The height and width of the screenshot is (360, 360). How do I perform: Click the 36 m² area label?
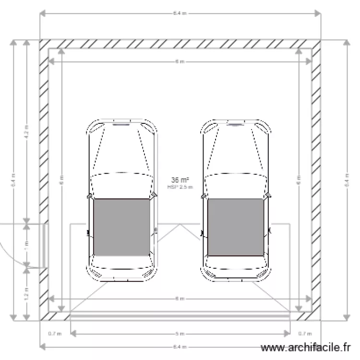(180, 180)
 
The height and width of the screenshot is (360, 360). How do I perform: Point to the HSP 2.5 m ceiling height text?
(180, 187)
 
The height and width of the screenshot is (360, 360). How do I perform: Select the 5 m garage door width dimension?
(180, 333)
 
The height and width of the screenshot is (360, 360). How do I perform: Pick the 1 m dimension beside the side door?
(27, 244)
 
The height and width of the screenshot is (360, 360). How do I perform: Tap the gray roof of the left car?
(121, 227)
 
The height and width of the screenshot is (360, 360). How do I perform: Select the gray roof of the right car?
(236, 227)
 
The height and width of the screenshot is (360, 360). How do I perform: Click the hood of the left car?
(121, 149)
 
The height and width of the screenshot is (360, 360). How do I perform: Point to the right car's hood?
(236, 149)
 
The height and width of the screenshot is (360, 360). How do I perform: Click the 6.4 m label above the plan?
(180, 13)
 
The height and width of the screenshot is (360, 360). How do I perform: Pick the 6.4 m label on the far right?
(345, 180)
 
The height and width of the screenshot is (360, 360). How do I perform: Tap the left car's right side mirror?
(154, 195)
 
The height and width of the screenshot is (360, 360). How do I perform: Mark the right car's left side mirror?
(204, 195)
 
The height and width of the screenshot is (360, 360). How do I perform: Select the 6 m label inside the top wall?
(180, 62)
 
